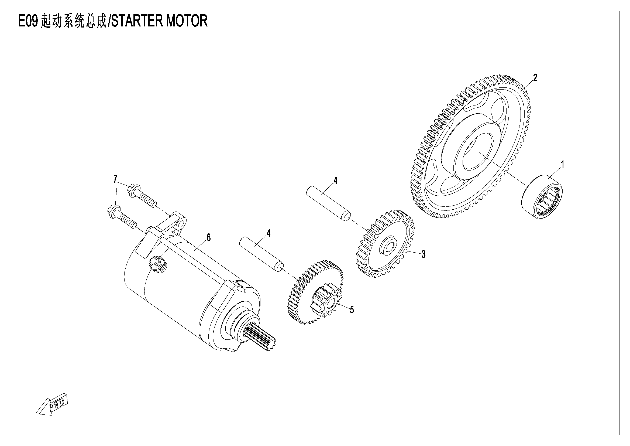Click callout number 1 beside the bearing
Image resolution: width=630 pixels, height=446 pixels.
tap(562, 165)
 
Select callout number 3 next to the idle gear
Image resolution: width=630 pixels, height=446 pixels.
tap(424, 254)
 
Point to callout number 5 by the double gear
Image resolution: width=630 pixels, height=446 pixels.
tap(352, 310)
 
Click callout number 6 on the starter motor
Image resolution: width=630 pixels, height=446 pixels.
tap(209, 238)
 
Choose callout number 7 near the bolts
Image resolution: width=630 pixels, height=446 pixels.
tap(115, 179)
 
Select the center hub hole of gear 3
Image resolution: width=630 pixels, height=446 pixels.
tap(388, 248)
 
